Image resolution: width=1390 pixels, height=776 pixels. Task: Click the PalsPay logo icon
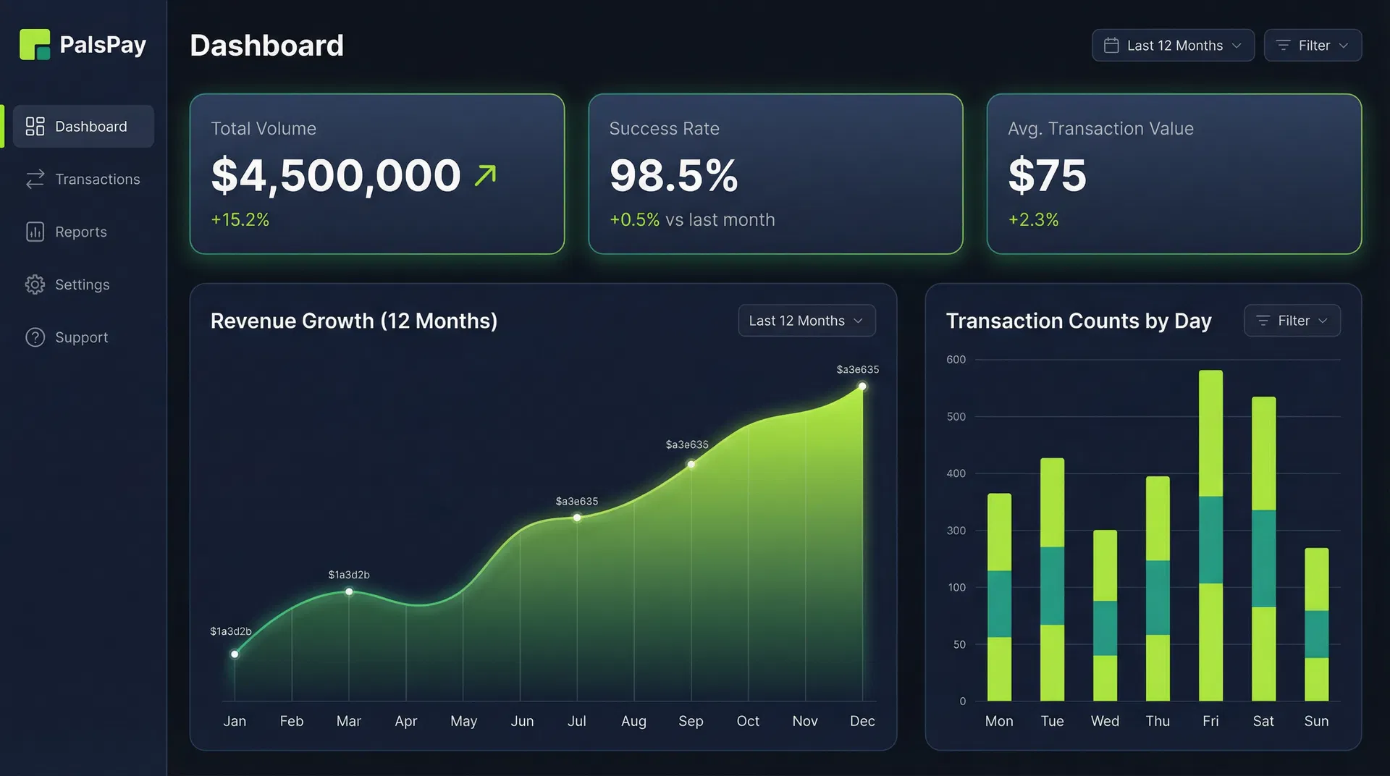(35, 45)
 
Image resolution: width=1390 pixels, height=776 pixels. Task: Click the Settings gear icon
(35, 284)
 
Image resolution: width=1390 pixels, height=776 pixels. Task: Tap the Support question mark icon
(35, 337)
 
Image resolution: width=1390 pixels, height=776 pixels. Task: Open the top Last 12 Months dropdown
(1172, 46)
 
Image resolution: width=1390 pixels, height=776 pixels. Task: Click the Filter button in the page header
(1312, 46)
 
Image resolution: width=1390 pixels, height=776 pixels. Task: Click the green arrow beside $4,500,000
(486, 175)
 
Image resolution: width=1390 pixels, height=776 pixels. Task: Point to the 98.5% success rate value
(673, 176)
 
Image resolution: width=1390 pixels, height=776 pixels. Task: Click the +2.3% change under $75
(1033, 219)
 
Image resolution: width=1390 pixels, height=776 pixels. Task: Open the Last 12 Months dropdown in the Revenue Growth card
(806, 321)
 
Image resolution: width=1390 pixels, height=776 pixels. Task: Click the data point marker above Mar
(349, 591)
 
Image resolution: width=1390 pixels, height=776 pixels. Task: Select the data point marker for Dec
(862, 387)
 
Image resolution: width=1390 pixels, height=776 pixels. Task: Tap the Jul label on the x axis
(576, 721)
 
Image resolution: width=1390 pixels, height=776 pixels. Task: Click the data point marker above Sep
(691, 464)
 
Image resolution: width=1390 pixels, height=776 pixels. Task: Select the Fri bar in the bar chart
(1210, 536)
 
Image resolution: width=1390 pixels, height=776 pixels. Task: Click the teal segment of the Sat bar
(1263, 558)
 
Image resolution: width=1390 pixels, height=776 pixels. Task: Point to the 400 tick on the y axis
(956, 473)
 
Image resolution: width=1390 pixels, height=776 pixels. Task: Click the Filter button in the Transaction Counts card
(1292, 321)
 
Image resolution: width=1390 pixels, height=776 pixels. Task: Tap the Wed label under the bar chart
(1105, 721)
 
